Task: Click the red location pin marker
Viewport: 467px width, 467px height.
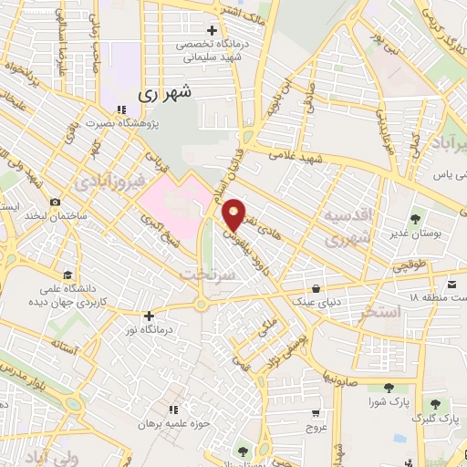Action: pyautogui.click(x=234, y=213)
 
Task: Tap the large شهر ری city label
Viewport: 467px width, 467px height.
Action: pyautogui.click(x=165, y=93)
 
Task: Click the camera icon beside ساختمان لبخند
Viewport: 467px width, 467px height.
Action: pyautogui.click(x=56, y=202)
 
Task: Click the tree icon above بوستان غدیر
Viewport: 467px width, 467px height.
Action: pyautogui.click(x=415, y=219)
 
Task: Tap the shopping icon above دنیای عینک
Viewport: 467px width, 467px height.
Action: pyautogui.click(x=317, y=285)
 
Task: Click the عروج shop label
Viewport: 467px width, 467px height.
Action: pyautogui.click(x=316, y=427)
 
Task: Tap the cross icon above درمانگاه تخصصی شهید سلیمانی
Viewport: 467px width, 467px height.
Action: pyautogui.click(x=213, y=30)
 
